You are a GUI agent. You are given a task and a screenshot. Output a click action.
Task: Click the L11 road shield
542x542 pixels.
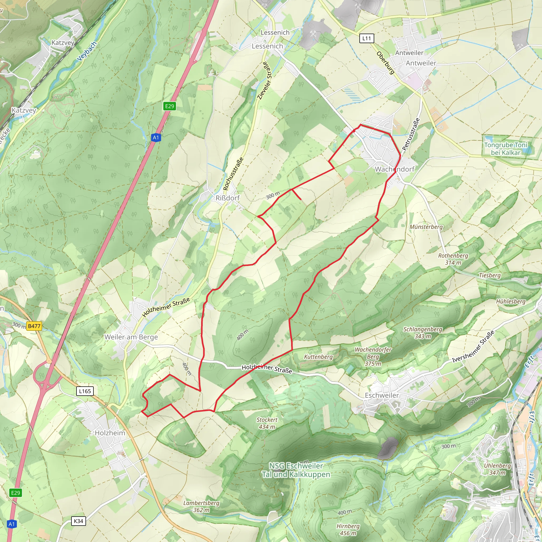366,38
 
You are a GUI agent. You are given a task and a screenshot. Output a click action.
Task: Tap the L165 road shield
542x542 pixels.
85,391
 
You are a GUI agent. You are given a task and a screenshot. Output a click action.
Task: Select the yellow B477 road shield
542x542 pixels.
34,326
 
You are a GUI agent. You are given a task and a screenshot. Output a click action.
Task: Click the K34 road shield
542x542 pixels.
78,521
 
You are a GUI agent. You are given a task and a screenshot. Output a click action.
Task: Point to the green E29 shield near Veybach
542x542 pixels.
169,106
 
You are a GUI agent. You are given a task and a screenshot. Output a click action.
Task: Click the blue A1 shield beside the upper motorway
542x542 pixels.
156,137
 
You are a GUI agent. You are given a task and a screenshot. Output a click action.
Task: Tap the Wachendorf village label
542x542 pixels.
394,169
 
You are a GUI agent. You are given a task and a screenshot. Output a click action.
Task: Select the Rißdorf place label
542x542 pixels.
228,198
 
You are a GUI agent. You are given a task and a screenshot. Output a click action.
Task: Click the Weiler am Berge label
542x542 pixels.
131,337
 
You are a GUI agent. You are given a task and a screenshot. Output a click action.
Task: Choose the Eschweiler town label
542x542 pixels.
382,395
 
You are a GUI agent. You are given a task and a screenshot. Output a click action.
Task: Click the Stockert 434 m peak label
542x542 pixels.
267,423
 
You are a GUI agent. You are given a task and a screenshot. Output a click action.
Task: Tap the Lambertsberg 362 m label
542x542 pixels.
201,506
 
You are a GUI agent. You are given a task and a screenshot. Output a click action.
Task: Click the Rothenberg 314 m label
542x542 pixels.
453,259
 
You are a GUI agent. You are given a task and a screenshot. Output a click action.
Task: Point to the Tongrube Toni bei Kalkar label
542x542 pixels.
505,149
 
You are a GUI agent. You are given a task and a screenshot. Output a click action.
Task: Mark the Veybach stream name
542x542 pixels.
87,51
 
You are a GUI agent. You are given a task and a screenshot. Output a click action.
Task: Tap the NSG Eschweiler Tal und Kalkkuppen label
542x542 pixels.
296,470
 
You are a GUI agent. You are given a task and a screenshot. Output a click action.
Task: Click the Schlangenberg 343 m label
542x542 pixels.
422,332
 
